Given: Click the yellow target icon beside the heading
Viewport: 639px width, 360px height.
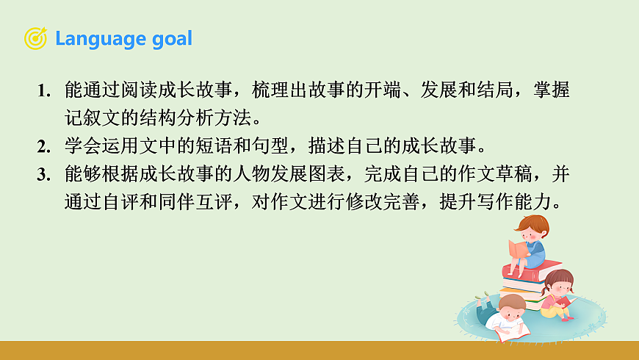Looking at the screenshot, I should coord(35,38).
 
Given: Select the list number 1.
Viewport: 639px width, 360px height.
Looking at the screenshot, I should coord(43,93).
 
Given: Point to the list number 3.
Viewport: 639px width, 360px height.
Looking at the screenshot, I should coord(43,174).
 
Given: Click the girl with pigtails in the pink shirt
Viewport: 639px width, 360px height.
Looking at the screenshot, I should coord(560,294).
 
